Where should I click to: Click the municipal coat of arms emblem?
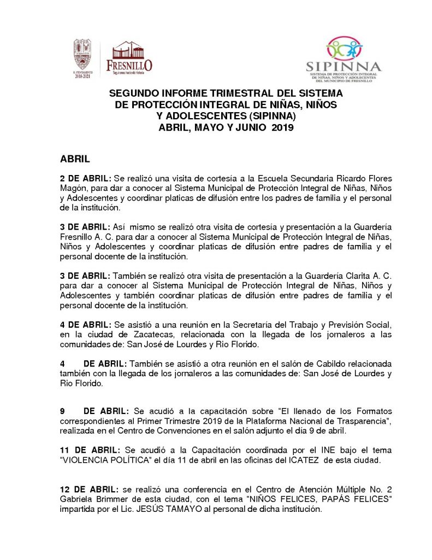(84, 56)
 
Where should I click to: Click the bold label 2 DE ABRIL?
(86, 179)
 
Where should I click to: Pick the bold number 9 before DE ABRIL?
(62, 411)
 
